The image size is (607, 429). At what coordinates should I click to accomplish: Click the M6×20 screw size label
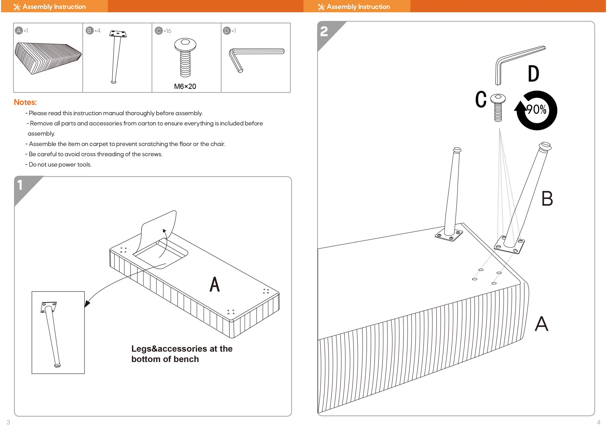(185, 86)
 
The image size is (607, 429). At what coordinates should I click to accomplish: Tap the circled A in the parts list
(18, 31)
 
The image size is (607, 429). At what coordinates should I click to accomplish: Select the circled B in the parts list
(89, 31)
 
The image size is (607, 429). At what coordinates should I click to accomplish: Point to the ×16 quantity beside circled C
(167, 31)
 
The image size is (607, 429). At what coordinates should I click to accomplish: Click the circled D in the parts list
(226, 31)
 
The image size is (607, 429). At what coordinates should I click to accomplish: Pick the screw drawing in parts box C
(185, 57)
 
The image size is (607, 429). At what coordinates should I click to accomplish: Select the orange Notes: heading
(25, 102)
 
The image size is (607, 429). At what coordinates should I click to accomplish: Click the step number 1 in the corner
(20, 185)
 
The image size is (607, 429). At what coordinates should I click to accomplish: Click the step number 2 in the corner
(324, 31)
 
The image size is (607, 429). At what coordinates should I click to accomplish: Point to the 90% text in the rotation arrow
(536, 110)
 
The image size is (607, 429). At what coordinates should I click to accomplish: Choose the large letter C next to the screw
(481, 99)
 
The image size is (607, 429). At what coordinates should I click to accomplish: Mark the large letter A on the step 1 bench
(214, 284)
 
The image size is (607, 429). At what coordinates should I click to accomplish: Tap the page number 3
(8, 422)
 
